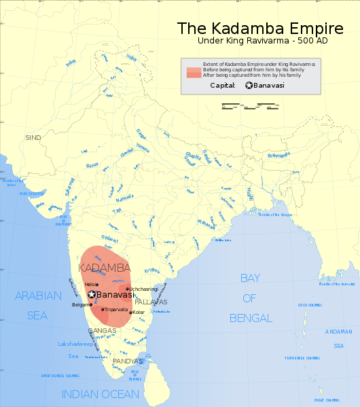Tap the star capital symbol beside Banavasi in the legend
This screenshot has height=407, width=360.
[x=249, y=85]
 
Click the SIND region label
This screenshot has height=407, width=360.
[x=33, y=137]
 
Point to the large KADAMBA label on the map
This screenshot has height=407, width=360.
[x=105, y=268]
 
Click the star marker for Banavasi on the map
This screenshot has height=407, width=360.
[x=92, y=295]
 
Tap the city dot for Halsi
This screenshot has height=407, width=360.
[x=97, y=284]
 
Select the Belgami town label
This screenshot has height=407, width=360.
[x=80, y=305]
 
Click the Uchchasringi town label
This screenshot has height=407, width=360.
[x=144, y=289]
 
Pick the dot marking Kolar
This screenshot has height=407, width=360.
[x=131, y=313]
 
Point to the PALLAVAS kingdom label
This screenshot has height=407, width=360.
[x=151, y=301]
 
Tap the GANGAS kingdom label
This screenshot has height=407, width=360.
[x=102, y=331]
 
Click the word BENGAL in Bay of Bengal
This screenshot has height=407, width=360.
[x=250, y=318]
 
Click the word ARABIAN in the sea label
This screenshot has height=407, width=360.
[x=39, y=296]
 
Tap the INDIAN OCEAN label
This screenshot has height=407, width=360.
[x=100, y=394]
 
